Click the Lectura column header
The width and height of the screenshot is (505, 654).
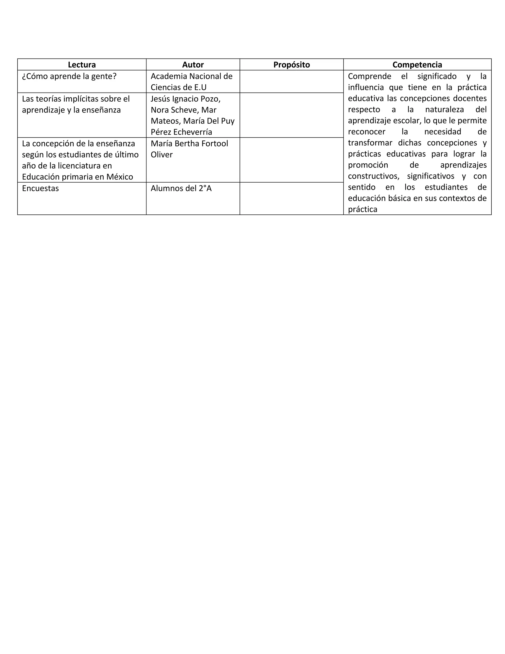(82, 65)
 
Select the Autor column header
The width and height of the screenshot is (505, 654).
(193, 65)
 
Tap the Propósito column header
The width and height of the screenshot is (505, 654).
(291, 65)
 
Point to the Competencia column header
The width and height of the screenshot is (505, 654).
(417, 65)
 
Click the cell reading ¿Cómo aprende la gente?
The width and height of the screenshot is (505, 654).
(69, 76)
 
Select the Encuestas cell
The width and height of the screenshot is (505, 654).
(40, 188)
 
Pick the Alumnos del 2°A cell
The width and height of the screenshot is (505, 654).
(181, 188)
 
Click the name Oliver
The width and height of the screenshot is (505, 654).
(162, 155)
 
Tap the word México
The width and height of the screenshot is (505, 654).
(119, 177)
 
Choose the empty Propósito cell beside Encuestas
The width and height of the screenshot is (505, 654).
(291, 198)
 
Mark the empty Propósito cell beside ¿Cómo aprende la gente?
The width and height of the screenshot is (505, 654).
(291, 81)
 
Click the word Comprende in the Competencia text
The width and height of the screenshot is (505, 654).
(369, 76)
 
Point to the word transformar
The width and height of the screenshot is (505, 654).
(370, 143)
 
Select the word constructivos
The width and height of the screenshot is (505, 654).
(373, 176)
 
